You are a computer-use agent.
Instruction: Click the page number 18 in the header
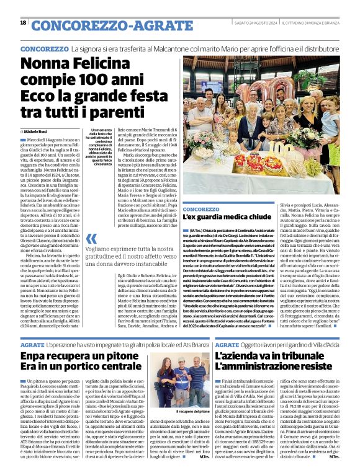[23, 23]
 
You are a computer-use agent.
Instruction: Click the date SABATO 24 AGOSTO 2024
[249, 23]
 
